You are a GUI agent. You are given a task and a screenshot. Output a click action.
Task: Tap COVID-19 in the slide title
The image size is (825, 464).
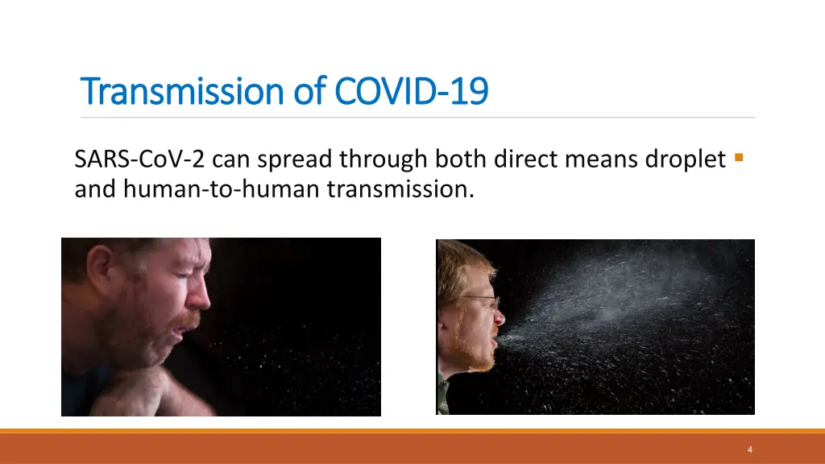(x=411, y=91)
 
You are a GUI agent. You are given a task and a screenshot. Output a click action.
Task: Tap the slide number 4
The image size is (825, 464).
(x=749, y=449)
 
